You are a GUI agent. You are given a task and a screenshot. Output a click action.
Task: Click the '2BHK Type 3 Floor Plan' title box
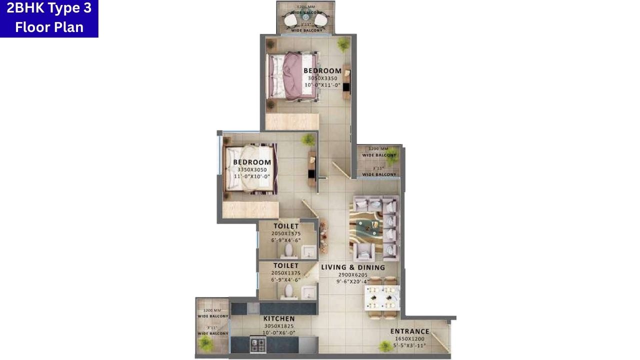(x=49, y=18)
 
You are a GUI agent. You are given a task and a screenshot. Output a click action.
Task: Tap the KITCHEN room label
(x=279, y=318)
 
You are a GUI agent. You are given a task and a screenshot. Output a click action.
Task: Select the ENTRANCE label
(x=409, y=331)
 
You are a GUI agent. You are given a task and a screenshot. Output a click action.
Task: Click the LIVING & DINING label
(x=353, y=267)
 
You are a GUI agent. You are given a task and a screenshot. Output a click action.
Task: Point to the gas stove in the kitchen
(x=257, y=343)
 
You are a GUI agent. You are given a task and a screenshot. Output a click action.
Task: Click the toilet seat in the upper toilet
(x=288, y=249)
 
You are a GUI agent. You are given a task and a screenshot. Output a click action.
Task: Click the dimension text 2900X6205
(x=353, y=275)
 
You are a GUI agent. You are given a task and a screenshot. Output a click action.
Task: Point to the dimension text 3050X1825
(x=279, y=326)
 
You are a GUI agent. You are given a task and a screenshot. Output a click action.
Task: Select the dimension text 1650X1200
(x=409, y=338)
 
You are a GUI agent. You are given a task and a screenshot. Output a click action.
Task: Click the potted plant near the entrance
(x=385, y=346)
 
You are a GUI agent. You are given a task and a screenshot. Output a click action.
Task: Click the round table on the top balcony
(x=305, y=18)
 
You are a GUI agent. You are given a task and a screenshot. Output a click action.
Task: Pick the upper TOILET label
(x=286, y=226)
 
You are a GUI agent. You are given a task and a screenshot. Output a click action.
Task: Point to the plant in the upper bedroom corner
(x=343, y=45)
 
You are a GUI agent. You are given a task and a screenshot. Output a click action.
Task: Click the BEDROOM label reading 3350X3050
(x=252, y=162)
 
